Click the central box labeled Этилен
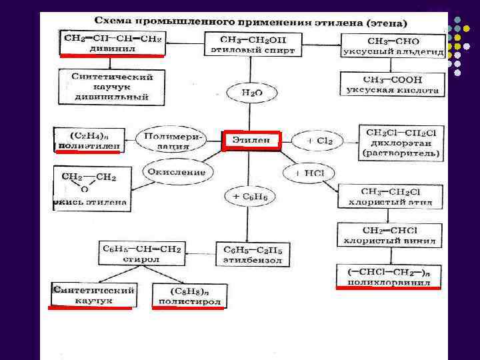tap(251, 141)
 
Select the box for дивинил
tap(112, 43)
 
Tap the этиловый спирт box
tap(248, 43)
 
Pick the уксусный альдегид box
tap(392, 45)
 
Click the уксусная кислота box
tap(392, 83)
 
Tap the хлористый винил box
tap(390, 235)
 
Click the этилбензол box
tap(253, 255)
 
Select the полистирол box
tap(189, 296)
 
